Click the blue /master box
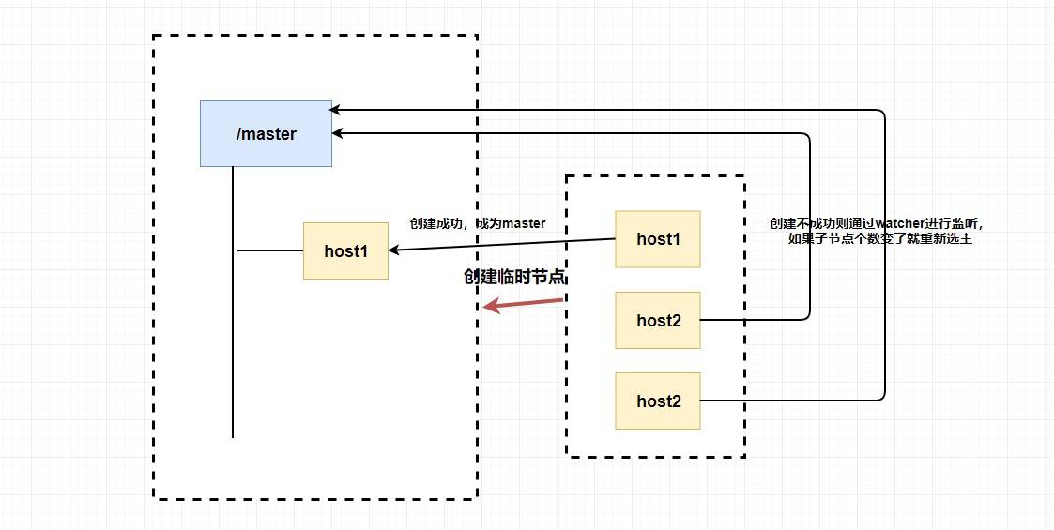pos(266,133)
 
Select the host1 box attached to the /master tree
pos(345,250)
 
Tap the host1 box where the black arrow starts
pos(657,238)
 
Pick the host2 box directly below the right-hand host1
pos(657,320)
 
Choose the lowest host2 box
pos(657,401)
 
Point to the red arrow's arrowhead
pos(490,307)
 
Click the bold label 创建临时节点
pos(515,278)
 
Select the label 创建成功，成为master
pos(477,224)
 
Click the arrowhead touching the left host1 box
pos(394,250)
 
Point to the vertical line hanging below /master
pos(232,300)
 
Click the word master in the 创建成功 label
pos(523,224)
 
